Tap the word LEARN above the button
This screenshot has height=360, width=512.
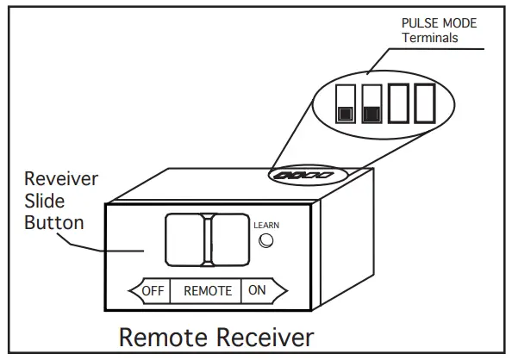point(266,226)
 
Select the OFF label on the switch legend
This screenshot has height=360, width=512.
point(153,290)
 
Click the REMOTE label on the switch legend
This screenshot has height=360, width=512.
point(208,291)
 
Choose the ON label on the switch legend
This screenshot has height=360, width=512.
point(257,290)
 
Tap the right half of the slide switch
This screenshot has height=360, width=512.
point(229,239)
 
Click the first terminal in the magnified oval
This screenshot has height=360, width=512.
point(345,103)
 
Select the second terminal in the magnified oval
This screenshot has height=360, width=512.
point(372,103)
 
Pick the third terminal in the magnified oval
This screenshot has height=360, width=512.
point(399,103)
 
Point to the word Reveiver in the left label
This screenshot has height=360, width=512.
point(59,180)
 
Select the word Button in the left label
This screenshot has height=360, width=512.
point(53,223)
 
